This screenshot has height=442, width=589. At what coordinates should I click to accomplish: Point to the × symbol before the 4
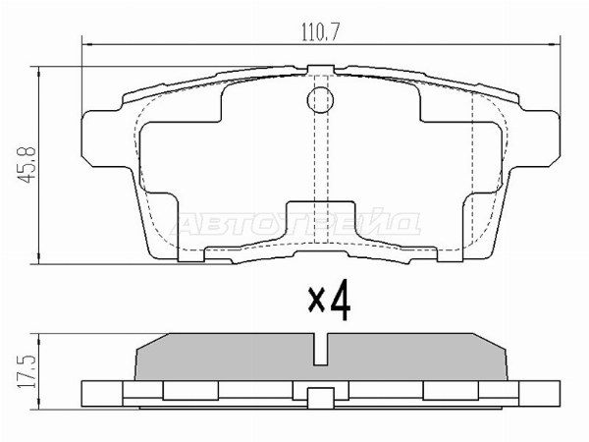coord(316,304)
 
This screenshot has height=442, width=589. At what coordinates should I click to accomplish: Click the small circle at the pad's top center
coord(321,98)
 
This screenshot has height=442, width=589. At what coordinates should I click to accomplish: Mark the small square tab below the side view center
coord(321,399)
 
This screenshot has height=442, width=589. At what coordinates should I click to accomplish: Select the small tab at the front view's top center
coord(321,70)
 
